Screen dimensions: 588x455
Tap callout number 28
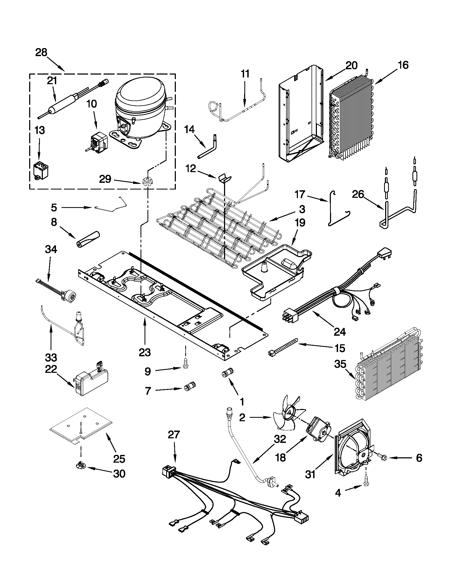(x=41, y=52)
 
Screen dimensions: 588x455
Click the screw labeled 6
(x=384, y=458)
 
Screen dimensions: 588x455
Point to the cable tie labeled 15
(x=283, y=347)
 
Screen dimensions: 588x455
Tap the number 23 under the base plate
(x=145, y=352)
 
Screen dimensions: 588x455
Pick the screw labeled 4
(x=366, y=483)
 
